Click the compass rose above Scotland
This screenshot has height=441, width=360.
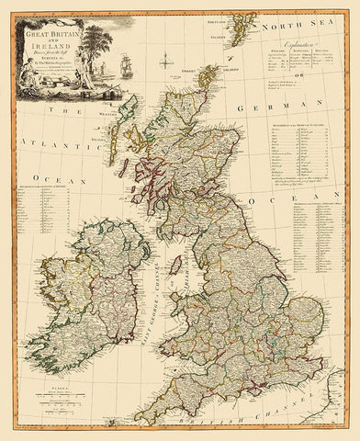163,63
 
